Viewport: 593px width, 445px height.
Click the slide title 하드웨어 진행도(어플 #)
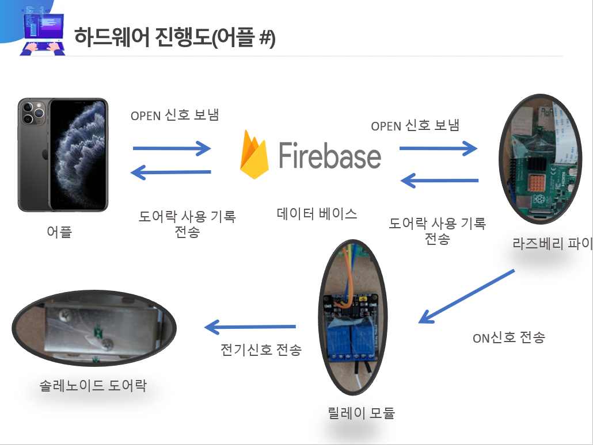[x=174, y=37]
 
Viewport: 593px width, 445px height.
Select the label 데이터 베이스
[x=317, y=214]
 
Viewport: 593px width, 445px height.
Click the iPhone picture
[x=63, y=155]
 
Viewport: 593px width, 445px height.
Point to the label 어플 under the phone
[x=59, y=232]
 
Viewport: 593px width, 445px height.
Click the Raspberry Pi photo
[x=541, y=159]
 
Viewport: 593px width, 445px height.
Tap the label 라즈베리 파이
[x=553, y=243]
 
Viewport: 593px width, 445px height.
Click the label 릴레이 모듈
[x=361, y=412]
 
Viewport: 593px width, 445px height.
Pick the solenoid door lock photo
[x=94, y=328]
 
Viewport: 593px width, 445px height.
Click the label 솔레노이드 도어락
[x=93, y=385]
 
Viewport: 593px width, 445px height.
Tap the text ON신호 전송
[x=509, y=337]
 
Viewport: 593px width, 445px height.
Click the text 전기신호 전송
[x=261, y=350]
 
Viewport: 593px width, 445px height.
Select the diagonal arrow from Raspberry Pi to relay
[x=466, y=297]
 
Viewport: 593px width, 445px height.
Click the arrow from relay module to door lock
[x=250, y=327]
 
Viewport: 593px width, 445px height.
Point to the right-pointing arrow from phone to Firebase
[x=172, y=148]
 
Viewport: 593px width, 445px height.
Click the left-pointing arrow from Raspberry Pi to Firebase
[x=439, y=181]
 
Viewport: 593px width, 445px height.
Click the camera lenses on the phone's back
[x=33, y=113]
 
